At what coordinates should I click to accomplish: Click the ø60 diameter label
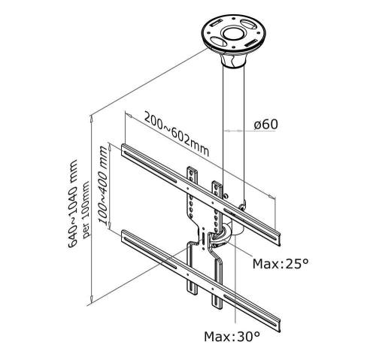coord(265,125)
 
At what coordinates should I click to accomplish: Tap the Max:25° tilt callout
coord(280,264)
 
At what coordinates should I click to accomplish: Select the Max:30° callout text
coord(232,337)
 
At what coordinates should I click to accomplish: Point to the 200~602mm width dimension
coord(177,135)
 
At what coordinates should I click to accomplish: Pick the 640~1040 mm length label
coord(73,204)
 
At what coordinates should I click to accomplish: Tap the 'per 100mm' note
coord(86,210)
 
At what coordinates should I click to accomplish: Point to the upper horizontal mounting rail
coord(201,195)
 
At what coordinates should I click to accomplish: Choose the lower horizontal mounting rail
coord(201,281)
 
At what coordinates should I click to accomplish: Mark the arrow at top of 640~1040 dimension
coord(92,119)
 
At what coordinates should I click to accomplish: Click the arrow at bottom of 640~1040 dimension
coord(92,299)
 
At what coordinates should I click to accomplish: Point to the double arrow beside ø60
coord(233,131)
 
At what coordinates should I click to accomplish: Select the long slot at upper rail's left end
coord(150,167)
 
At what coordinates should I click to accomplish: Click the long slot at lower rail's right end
coord(250,310)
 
